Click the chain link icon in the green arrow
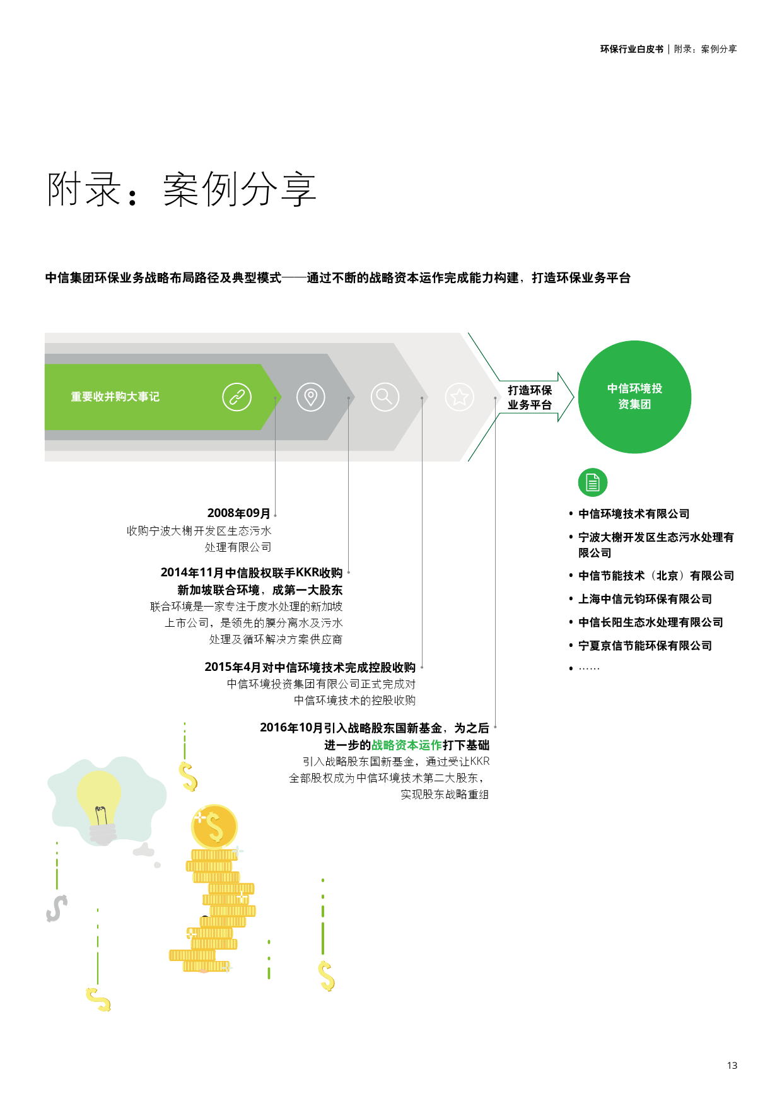237,397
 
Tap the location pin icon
311,397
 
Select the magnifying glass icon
385,397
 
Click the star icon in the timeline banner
460,397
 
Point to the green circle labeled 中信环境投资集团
634,397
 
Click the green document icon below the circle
592,483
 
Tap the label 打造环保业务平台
530,397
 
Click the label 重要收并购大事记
115,397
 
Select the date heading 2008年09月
239,513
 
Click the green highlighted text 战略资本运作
407,745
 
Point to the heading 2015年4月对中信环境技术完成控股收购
310,667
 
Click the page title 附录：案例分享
182,189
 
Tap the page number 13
732,1065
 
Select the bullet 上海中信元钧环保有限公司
645,599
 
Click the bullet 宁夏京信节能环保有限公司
645,646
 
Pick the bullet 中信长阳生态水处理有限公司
650,622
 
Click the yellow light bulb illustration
100,804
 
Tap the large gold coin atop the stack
214,827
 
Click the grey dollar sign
57,909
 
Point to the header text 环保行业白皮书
631,49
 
